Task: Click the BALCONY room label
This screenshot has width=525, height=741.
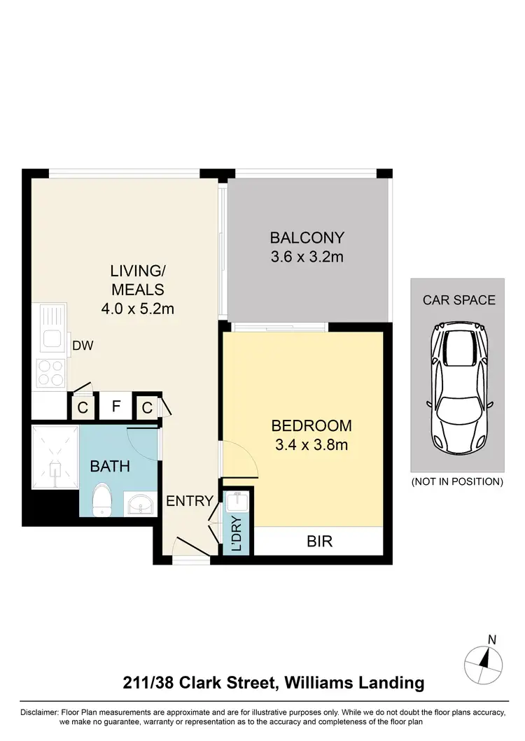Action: tap(307, 237)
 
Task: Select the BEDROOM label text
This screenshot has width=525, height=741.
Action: tap(311, 425)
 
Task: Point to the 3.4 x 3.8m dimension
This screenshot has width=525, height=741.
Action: tap(311, 444)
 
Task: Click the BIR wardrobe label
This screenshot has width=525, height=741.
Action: tap(318, 541)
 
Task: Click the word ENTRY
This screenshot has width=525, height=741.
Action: tap(189, 500)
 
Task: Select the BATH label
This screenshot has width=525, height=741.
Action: tap(110, 465)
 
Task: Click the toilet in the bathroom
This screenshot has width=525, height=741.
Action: tap(103, 501)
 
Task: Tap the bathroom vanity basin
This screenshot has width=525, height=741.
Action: tap(140, 504)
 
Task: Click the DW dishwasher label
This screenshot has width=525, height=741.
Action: tap(83, 345)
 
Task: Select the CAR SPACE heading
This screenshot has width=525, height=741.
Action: tap(459, 300)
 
